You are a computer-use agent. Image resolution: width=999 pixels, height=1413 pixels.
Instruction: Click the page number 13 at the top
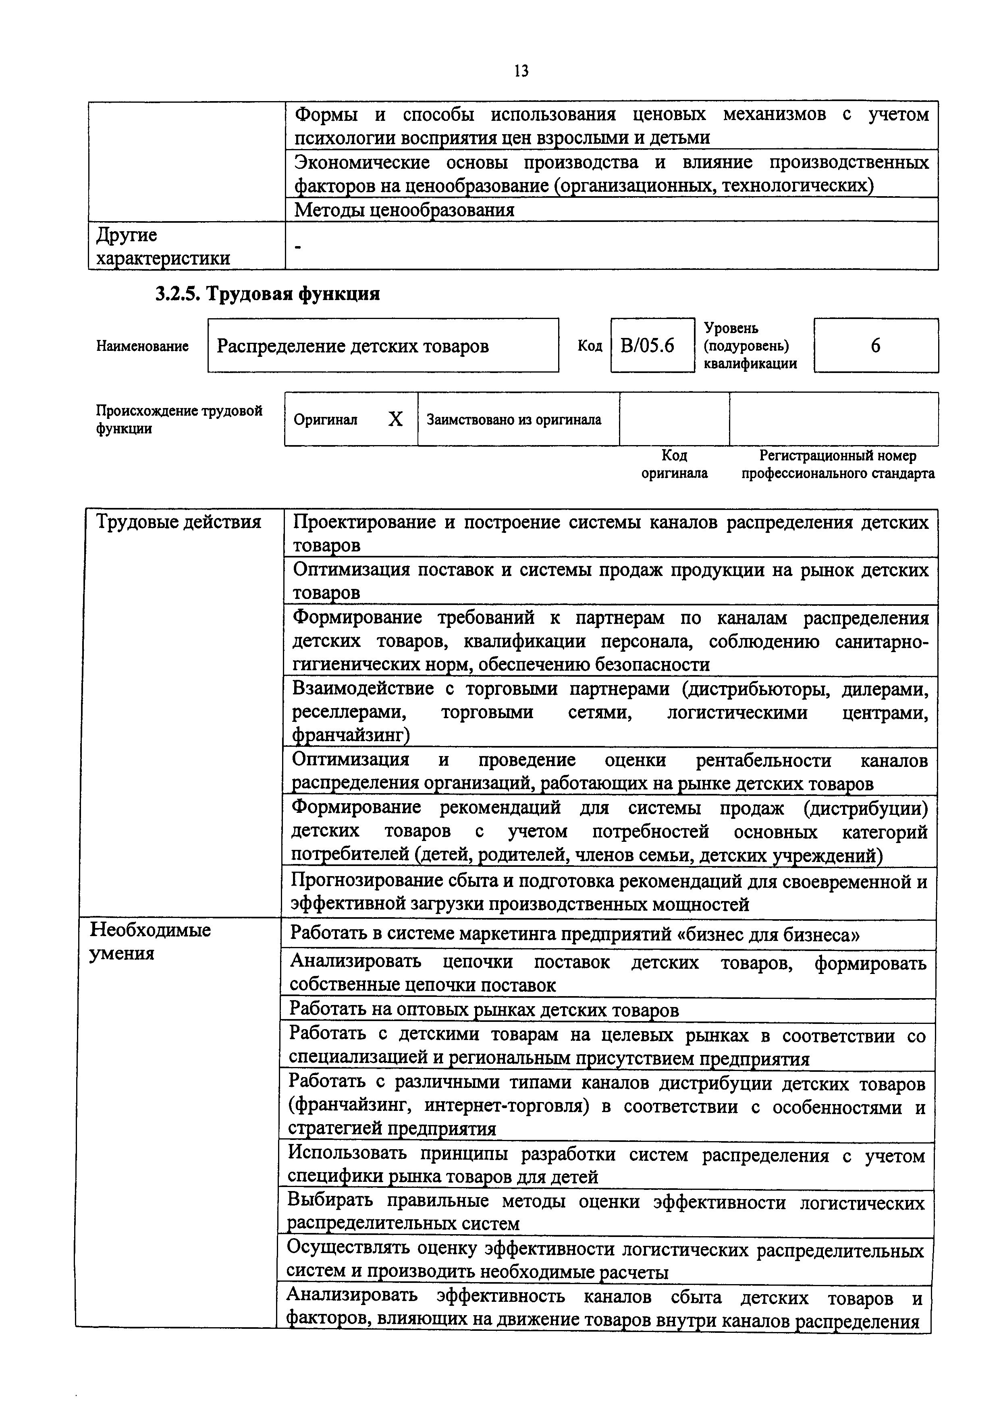coord(521,71)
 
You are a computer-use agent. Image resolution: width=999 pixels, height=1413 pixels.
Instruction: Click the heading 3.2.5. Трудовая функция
coord(267,294)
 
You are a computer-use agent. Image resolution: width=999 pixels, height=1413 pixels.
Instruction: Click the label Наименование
coord(142,346)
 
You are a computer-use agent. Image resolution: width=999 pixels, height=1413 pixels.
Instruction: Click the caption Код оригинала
coord(674,464)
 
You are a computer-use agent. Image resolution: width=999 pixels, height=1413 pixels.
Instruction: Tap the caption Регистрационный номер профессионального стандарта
coord(838,464)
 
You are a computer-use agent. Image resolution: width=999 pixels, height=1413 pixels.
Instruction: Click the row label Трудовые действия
coord(179,522)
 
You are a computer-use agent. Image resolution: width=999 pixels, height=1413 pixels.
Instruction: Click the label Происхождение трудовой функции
coord(179,419)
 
